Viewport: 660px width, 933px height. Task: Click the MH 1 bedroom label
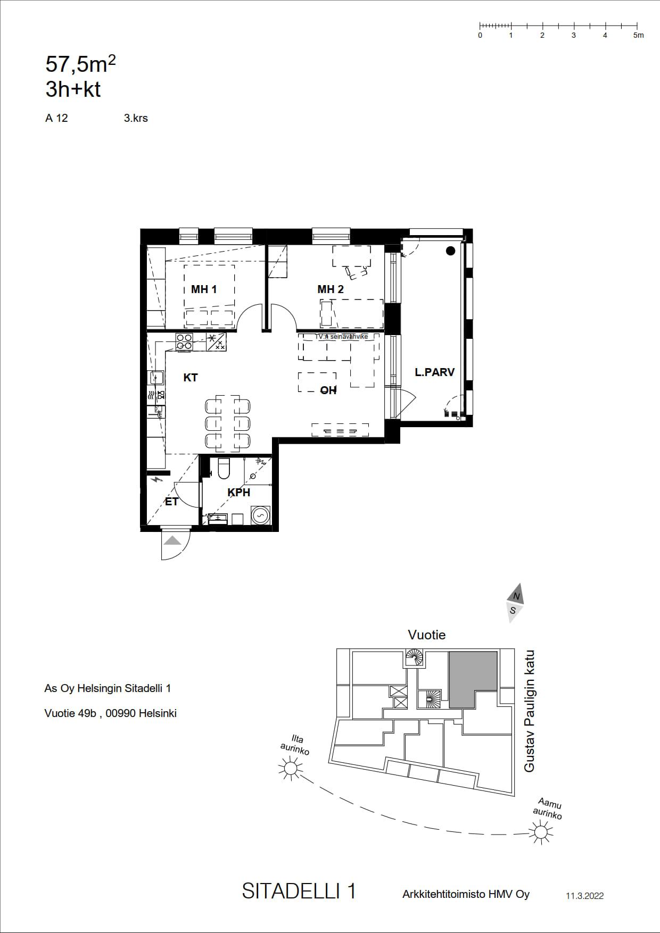click(x=204, y=289)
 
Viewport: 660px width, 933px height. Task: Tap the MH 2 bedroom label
click(x=331, y=289)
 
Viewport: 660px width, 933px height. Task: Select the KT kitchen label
click(x=191, y=378)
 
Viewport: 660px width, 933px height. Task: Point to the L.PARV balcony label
click(x=435, y=372)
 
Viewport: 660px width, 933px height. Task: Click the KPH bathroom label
click(x=239, y=493)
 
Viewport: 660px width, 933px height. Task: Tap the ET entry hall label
click(x=171, y=502)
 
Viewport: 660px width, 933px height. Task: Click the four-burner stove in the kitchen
click(x=184, y=342)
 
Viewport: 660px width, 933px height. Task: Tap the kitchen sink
click(x=156, y=378)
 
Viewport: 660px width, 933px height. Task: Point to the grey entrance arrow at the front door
click(x=172, y=541)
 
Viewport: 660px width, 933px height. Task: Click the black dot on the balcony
click(x=451, y=251)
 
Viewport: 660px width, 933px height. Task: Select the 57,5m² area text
click(x=81, y=64)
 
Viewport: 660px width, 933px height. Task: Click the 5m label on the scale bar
click(x=639, y=35)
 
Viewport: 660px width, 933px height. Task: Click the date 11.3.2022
click(x=584, y=896)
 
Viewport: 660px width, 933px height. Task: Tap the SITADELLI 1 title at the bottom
click(x=299, y=891)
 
